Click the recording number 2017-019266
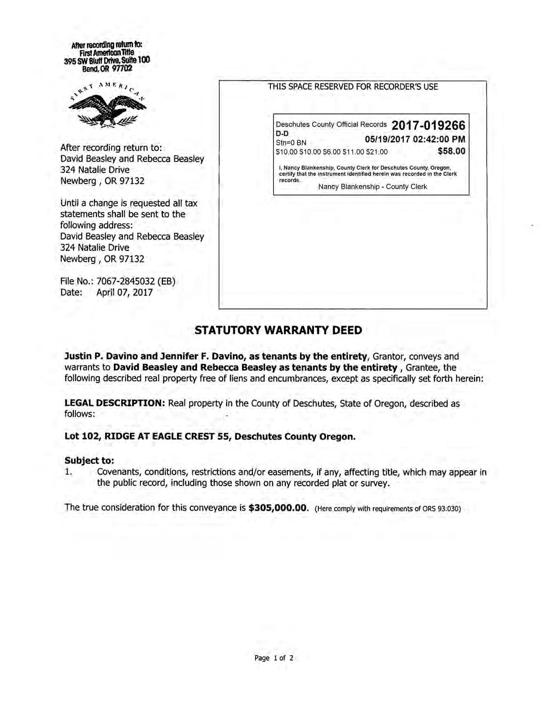coord(428,126)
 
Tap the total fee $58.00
coord(451,151)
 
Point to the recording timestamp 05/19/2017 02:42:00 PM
coord(415,139)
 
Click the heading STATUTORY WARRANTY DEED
coord(278,330)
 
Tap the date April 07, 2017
coord(124,292)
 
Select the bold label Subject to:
coord(89,460)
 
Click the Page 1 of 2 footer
coord(274,658)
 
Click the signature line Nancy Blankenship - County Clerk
coord(372,187)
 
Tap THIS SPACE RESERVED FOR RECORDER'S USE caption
coord(353,87)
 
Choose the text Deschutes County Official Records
coord(331,125)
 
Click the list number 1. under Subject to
coord(68,472)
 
